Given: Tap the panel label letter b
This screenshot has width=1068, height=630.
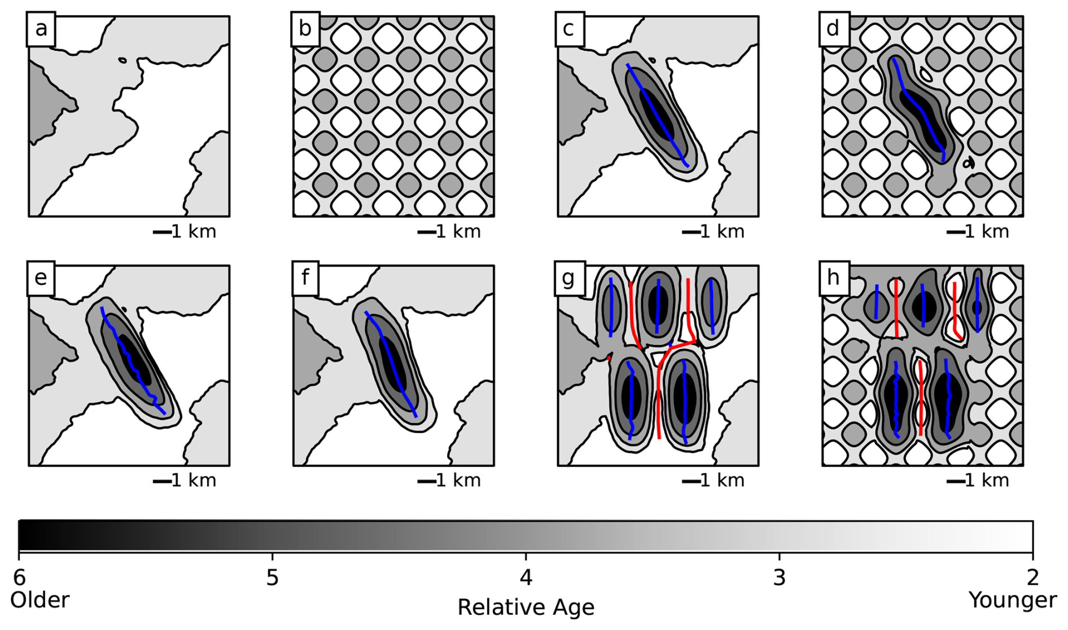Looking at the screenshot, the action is [x=305, y=28].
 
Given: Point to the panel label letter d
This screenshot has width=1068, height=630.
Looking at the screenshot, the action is [x=833, y=28].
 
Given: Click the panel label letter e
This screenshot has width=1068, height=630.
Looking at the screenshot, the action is [x=41, y=278].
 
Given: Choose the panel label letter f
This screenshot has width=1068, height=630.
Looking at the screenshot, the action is [x=305, y=277].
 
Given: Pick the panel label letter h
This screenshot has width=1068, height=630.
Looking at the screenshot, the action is [x=833, y=277].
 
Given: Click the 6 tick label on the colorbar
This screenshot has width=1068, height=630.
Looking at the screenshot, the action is [x=19, y=578].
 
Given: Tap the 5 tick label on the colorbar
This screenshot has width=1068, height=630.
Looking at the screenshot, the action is [x=273, y=578].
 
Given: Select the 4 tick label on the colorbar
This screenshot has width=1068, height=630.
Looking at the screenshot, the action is [x=526, y=578].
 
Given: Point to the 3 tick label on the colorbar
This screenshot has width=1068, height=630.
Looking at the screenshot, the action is [x=780, y=578].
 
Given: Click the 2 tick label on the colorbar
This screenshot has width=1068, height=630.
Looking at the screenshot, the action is [x=1033, y=578].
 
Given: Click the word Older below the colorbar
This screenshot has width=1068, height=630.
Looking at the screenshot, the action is [x=40, y=600].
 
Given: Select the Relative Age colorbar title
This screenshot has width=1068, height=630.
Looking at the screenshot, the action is [x=526, y=608].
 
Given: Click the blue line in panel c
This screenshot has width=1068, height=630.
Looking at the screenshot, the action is [x=656, y=115].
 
